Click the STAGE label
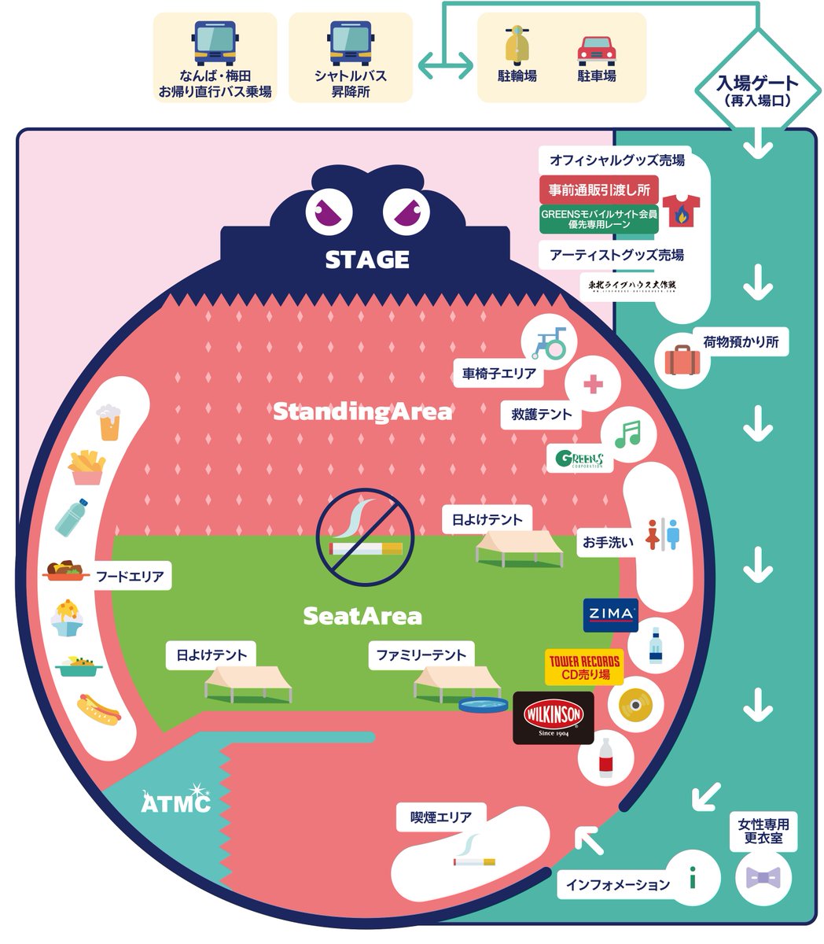(x=367, y=260)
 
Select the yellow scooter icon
(x=517, y=46)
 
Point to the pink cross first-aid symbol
(x=593, y=385)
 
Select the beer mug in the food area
(x=108, y=422)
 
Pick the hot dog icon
(x=100, y=709)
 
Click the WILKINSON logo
(x=553, y=717)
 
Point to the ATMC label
(x=176, y=802)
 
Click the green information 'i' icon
(x=693, y=876)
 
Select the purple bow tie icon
(x=763, y=878)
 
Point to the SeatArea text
(x=362, y=616)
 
